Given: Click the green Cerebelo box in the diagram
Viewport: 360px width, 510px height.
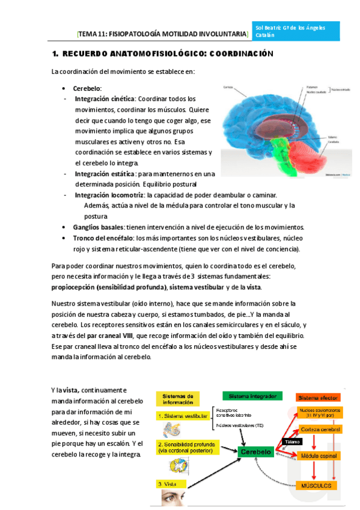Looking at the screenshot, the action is tap(255, 451).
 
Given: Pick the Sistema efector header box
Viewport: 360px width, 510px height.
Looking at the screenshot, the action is tap(318, 398).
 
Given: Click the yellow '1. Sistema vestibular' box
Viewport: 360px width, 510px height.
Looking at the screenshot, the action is tap(183, 416).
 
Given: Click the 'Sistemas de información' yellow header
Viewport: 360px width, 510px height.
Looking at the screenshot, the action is tap(182, 399).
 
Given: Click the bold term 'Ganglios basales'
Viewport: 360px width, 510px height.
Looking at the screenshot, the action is tap(98, 227).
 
